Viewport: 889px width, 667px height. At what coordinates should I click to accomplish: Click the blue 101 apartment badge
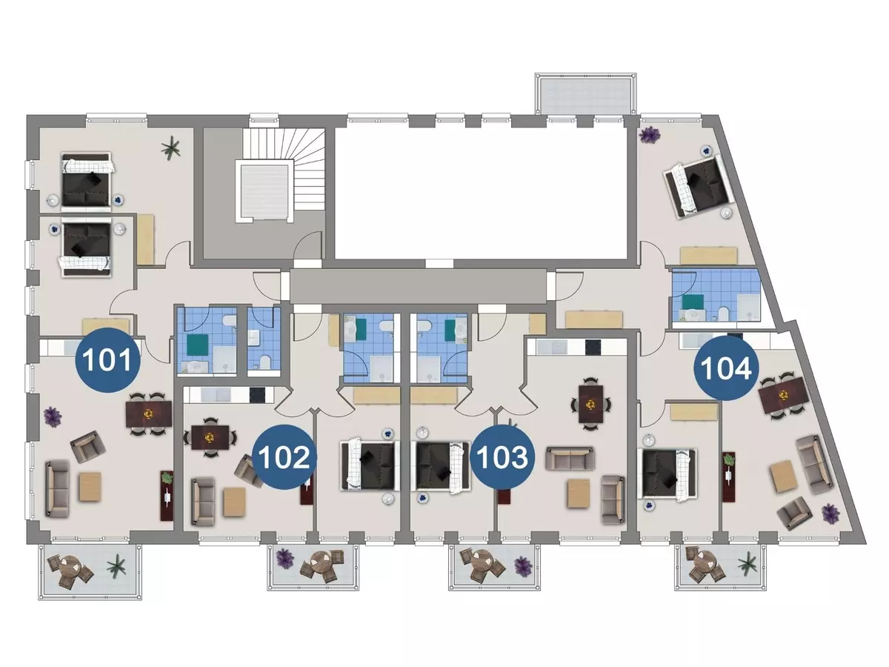(107, 360)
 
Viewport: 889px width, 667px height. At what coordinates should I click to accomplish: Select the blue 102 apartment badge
(284, 457)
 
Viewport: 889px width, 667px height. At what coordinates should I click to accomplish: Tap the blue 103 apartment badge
(502, 457)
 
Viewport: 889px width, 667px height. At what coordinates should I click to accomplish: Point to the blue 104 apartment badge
(726, 368)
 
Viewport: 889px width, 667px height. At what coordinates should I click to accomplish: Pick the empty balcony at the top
(586, 94)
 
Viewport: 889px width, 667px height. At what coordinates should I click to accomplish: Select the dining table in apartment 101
(149, 414)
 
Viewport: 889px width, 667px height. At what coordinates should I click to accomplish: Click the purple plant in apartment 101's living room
(53, 416)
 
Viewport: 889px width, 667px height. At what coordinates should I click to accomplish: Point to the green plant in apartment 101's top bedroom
(170, 147)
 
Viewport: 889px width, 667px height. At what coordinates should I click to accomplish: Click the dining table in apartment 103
(591, 403)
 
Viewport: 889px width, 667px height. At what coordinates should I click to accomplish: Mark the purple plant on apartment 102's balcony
(284, 558)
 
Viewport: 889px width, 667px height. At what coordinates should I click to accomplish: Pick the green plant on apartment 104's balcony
(748, 564)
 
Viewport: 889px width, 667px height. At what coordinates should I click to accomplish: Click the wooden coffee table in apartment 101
(90, 487)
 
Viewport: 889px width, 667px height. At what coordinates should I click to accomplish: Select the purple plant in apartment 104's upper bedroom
(649, 135)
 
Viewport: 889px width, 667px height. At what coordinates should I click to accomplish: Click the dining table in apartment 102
(210, 437)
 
